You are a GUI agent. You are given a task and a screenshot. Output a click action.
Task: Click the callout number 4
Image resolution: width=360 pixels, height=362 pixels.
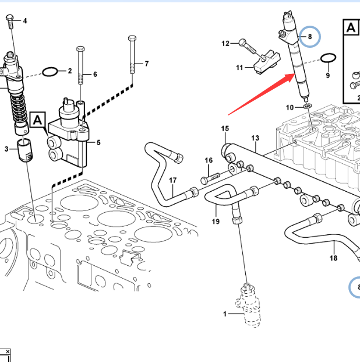[x=24, y=21]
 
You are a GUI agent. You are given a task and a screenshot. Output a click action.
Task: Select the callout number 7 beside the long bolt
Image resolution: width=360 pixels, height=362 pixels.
[x=146, y=64]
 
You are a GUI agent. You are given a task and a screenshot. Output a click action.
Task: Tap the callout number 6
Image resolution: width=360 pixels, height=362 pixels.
[x=94, y=74]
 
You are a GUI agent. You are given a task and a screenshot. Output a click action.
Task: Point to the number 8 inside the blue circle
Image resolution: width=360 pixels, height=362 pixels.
[x=310, y=37]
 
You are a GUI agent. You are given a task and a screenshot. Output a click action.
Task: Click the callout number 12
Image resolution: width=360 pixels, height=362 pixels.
[x=225, y=43]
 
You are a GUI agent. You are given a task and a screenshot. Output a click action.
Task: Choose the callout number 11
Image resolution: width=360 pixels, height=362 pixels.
[x=239, y=68]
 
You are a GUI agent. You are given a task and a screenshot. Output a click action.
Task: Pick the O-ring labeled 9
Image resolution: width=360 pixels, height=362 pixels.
[x=329, y=58]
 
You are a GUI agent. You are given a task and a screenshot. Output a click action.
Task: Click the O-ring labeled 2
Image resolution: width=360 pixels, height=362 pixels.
[x=51, y=72]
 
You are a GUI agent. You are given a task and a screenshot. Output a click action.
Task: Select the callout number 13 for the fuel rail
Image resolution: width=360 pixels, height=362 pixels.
[x=255, y=138]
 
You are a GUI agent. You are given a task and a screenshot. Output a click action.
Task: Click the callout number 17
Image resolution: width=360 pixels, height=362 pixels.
[x=172, y=180]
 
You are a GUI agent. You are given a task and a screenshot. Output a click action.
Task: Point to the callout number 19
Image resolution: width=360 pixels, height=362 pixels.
[x=215, y=222]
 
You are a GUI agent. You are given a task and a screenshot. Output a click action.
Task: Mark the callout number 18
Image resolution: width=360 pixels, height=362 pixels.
[x=333, y=258]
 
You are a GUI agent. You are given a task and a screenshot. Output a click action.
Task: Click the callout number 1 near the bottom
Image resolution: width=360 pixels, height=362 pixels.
[x=225, y=314]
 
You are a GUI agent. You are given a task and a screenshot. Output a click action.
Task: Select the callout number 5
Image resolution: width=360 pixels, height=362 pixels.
[x=98, y=142]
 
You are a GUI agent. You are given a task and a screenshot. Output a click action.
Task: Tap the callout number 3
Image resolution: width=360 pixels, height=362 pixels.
[x=7, y=149]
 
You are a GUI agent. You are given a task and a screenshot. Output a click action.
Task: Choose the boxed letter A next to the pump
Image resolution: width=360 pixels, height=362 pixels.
[x=37, y=121]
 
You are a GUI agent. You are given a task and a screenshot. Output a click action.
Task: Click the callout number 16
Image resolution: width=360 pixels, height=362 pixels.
[x=208, y=160]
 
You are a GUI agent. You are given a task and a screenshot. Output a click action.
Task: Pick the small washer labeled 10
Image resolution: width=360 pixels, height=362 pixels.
[x=307, y=107]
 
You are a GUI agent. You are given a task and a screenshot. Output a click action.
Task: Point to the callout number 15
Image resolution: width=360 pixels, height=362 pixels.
[x=224, y=128]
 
